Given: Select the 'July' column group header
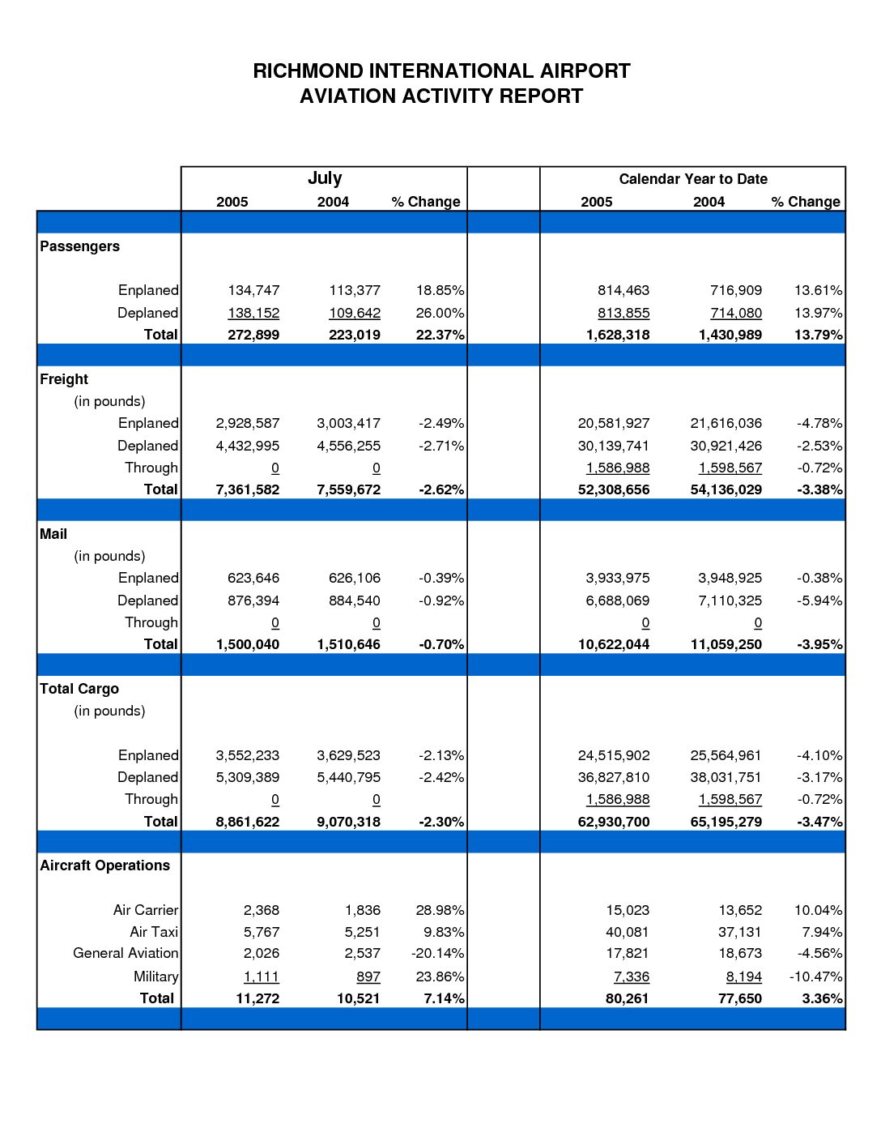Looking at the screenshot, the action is click(325, 178).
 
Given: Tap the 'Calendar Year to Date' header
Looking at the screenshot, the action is click(692, 179).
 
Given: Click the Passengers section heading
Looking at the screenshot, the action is click(79, 246).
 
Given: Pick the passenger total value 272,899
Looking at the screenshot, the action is click(253, 335).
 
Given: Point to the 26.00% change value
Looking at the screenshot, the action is click(440, 313).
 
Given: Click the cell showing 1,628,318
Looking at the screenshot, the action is click(618, 335).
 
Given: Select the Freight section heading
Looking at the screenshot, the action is click(64, 379).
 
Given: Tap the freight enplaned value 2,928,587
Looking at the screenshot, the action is click(248, 423).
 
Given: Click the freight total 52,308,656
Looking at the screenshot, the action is click(614, 489).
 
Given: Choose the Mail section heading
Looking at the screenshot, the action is click(53, 534).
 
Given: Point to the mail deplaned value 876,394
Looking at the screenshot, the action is click(253, 600).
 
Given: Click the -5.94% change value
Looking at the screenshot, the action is click(819, 600).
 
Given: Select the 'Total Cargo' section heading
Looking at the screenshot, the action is click(79, 689).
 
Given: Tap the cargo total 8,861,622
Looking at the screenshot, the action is click(248, 822).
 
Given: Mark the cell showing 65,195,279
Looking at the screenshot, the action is click(726, 822).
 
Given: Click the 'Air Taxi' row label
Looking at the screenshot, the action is click(154, 931).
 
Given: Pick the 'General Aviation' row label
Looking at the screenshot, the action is click(126, 953).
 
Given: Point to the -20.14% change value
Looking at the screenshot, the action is click(437, 953).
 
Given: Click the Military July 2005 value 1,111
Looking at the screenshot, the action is click(262, 976).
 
